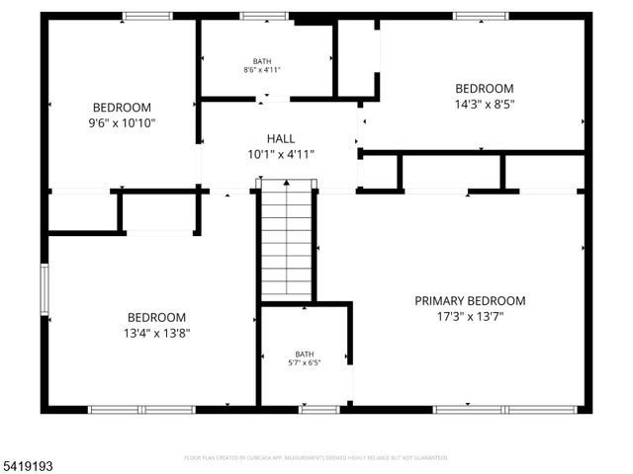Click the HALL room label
pyautogui.click(x=281, y=139)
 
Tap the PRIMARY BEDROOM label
pyautogui.click(x=470, y=301)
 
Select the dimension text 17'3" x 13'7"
pyautogui.click(x=470, y=318)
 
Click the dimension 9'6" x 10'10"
pyautogui.click(x=123, y=123)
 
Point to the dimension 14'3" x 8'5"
pyautogui.click(x=485, y=104)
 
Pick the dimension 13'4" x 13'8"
pyautogui.click(x=156, y=334)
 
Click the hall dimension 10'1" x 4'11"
pyautogui.click(x=281, y=155)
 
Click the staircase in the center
pyautogui.click(x=288, y=242)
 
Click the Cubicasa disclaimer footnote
pyautogui.click(x=316, y=458)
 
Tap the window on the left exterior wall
pyautogui.click(x=44, y=289)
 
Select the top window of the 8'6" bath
pyautogui.click(x=263, y=16)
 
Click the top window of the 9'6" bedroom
pyautogui.click(x=147, y=16)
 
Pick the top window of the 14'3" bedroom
pyautogui.click(x=480, y=16)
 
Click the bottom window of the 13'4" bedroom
pyautogui.click(x=141, y=409)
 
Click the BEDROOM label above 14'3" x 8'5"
pyautogui.click(x=485, y=88)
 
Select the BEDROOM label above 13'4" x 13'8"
pyautogui.click(x=156, y=317)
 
